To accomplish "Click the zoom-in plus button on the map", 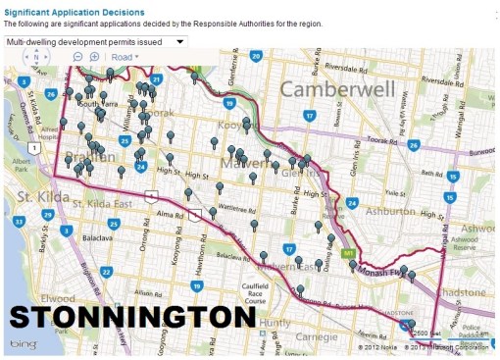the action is point(94,57).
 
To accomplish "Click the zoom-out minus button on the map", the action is point(78,57).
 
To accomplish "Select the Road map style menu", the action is point(125,57).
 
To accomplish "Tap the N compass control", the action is point(36,57).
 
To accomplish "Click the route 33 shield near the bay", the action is point(17,222).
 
